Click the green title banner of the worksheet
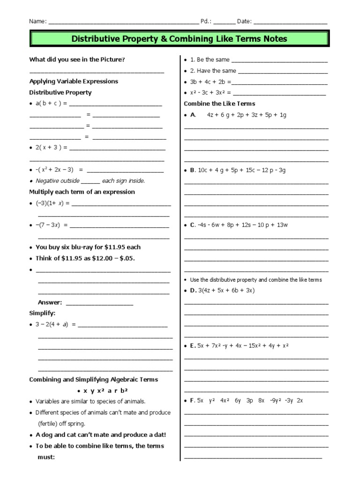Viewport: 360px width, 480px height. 180,38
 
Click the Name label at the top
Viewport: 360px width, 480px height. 37,21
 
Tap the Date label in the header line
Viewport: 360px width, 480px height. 244,21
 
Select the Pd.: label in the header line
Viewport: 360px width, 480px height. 206,21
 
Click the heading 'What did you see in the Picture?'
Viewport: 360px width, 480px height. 77,60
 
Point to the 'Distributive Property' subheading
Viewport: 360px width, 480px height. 60,92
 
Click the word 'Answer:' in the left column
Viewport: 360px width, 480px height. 50,302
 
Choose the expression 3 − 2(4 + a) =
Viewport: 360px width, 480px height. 55,324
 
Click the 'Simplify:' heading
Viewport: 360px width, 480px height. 42,313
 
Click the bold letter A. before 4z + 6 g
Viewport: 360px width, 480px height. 193,115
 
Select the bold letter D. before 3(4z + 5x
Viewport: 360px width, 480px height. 193,291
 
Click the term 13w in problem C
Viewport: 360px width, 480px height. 283,225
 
